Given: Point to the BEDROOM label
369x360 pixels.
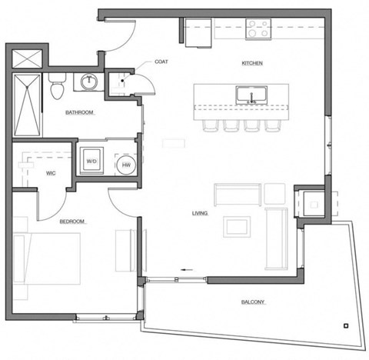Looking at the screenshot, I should (x=71, y=222).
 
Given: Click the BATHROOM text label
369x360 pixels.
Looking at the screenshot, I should (x=79, y=112).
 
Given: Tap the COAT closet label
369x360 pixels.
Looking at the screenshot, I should (x=161, y=62).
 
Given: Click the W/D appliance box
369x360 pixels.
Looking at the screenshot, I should (x=91, y=159).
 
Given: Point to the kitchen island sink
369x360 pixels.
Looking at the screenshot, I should (x=251, y=97).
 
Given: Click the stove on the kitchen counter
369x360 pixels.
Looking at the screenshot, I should (x=258, y=30).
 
